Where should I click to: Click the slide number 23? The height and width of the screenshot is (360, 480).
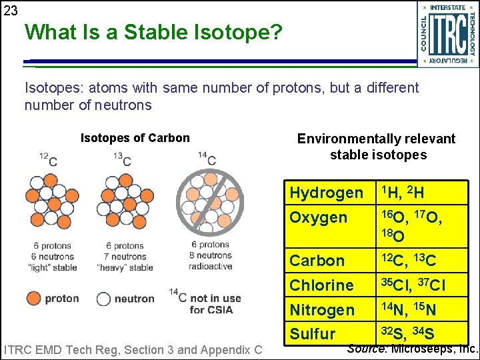(x=10, y=11)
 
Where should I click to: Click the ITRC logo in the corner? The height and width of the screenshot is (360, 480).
(x=447, y=34)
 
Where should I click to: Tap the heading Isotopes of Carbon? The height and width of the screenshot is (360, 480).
(x=135, y=138)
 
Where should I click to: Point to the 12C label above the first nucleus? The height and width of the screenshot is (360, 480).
(x=48, y=159)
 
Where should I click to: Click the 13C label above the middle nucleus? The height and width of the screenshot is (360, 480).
(x=122, y=159)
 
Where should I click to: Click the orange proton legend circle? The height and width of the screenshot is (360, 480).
(x=33, y=298)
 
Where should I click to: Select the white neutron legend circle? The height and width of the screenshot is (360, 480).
(x=104, y=298)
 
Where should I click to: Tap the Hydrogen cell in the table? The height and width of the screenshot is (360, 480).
(x=327, y=193)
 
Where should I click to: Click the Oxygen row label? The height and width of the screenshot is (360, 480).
(x=319, y=217)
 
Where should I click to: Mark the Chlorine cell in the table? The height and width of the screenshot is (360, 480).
(x=321, y=285)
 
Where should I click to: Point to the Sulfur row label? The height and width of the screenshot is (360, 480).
(x=313, y=333)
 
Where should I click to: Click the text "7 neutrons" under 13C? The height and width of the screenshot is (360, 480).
(x=129, y=256)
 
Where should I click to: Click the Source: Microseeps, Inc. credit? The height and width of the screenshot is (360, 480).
(x=413, y=349)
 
